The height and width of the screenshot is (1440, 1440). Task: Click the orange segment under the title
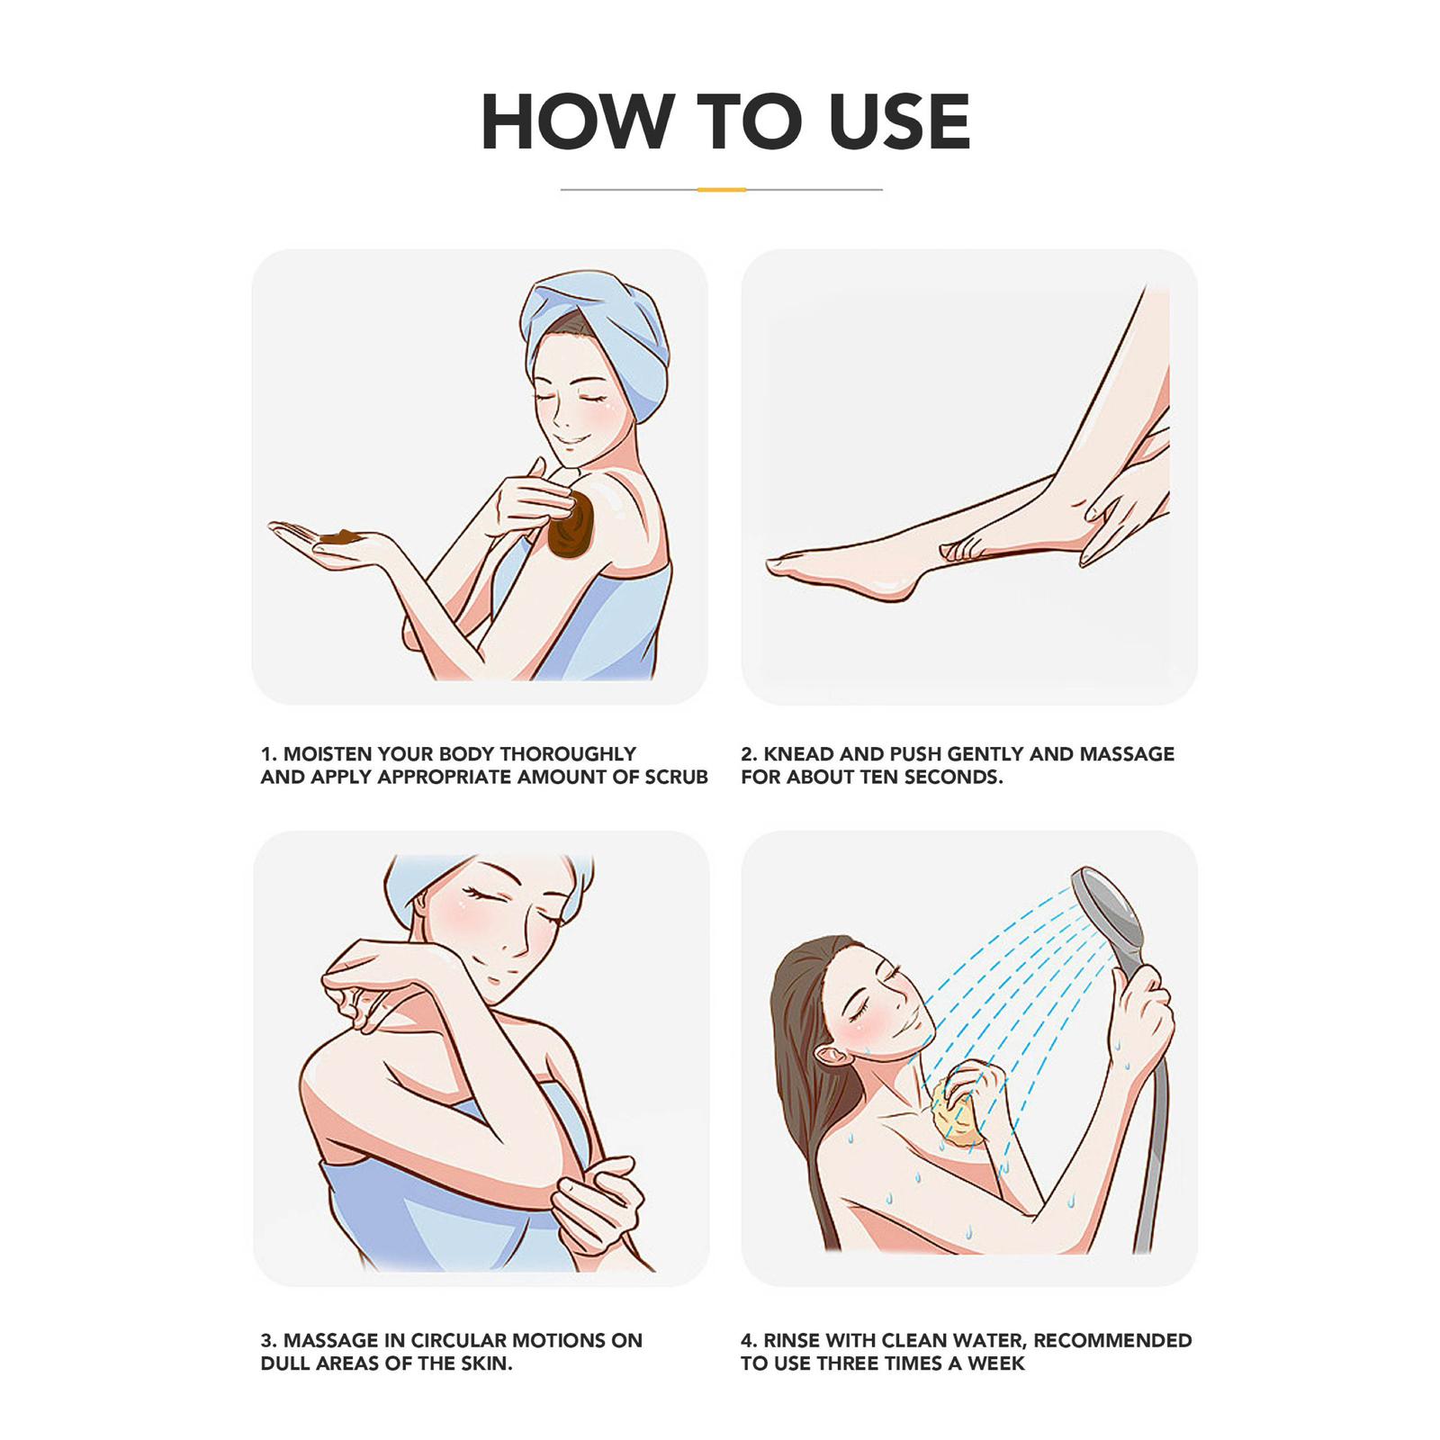[722, 190]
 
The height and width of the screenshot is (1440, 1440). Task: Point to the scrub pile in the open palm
[340, 537]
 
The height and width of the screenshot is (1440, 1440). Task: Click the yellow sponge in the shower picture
[959, 1112]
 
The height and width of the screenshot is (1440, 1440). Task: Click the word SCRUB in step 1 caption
[676, 778]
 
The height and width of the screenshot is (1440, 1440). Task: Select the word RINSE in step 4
[791, 1341]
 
